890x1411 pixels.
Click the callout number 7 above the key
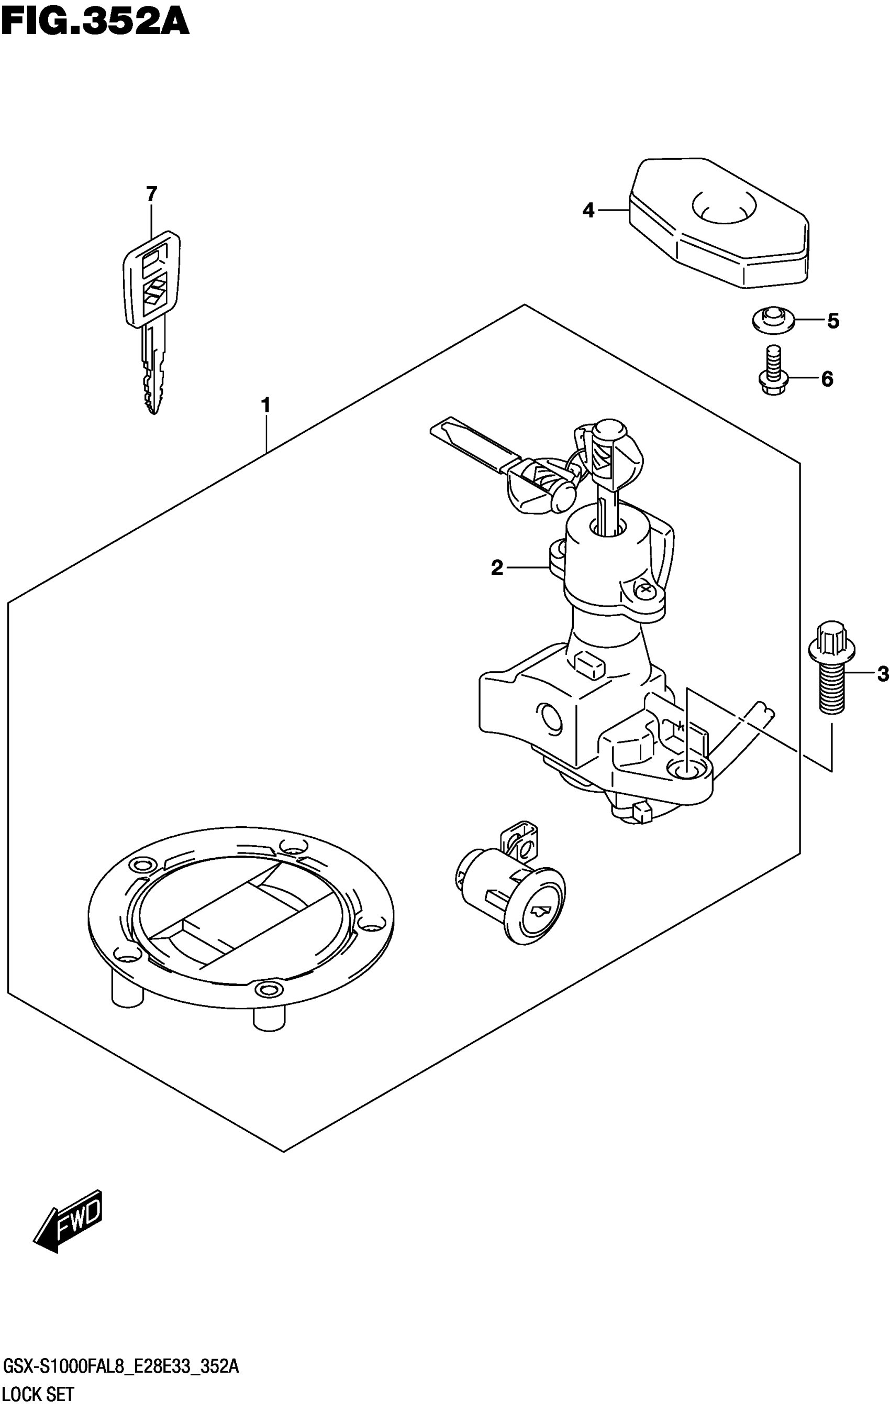tap(152, 194)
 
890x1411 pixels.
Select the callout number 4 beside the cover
tap(588, 210)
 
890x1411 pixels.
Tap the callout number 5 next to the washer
tap(832, 321)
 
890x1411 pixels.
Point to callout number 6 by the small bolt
tap(827, 379)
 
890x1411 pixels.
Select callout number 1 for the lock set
tap(266, 405)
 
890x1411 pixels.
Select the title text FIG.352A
tap(95, 22)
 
